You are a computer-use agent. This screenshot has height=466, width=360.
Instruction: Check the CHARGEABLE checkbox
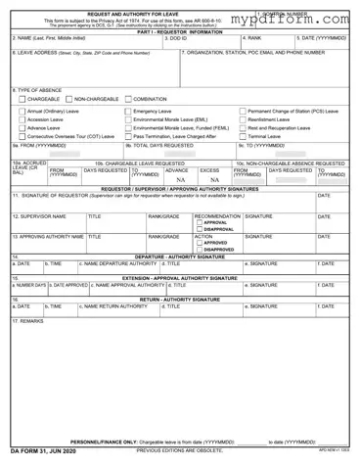tap(21, 99)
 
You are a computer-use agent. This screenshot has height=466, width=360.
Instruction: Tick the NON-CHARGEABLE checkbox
tap(69, 99)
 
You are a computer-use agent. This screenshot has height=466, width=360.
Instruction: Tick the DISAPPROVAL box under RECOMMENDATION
tap(200, 229)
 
